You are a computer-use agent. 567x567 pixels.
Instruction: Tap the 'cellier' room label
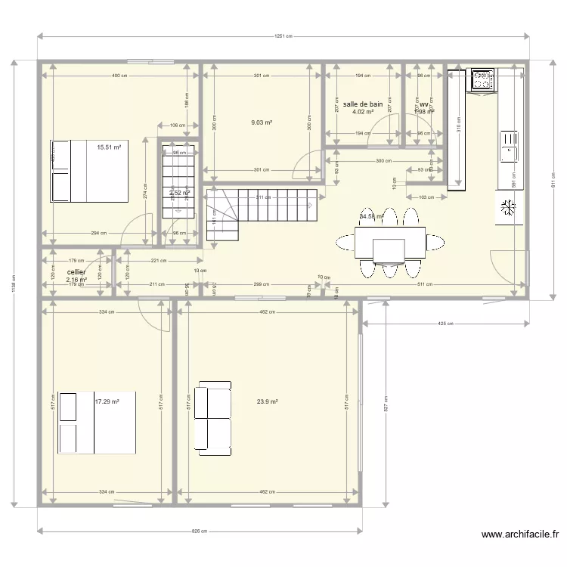coord(76,271)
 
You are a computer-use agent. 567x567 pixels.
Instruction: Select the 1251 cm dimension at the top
coord(283,36)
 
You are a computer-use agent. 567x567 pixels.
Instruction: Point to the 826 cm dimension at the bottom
coord(200,531)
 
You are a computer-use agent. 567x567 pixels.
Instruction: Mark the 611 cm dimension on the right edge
coord(552,180)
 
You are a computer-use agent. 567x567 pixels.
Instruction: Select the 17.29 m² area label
coord(107,401)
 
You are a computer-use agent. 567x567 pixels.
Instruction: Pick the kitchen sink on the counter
coord(510,146)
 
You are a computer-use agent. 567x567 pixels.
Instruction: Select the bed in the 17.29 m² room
coord(96,423)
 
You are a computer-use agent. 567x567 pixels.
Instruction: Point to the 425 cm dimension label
coord(446,324)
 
